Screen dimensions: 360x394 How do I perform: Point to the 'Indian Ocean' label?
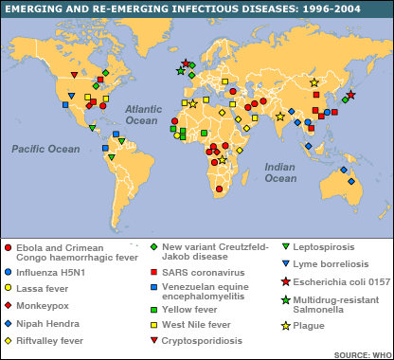point(279,172)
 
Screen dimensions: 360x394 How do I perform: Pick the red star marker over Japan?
point(350,95)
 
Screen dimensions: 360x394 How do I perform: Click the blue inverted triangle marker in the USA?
point(66,105)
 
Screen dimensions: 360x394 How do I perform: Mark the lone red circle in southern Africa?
point(219,190)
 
